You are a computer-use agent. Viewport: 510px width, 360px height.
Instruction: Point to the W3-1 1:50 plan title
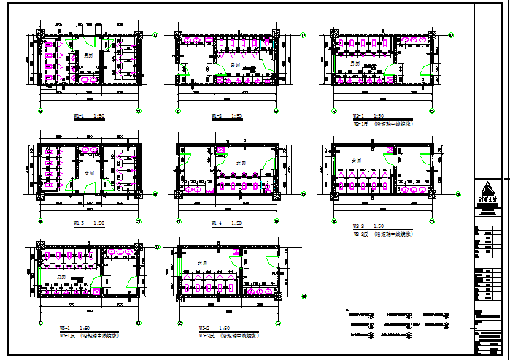click(75, 328)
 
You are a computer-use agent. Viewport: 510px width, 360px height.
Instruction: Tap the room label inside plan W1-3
click(90, 172)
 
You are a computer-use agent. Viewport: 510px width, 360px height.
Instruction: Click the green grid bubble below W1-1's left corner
click(40, 110)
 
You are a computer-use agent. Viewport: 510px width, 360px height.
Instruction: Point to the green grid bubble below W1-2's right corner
click(277, 111)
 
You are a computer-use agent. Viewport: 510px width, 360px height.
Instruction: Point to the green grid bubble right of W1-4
click(304, 194)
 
